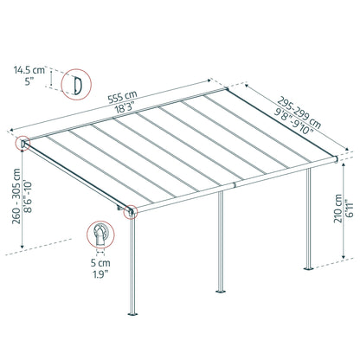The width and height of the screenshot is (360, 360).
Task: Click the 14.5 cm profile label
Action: point(28,67)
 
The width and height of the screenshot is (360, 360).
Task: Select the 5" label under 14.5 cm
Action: point(28,83)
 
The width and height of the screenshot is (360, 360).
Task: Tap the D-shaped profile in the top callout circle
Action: point(77,83)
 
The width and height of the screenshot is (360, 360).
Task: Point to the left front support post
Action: point(132,286)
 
